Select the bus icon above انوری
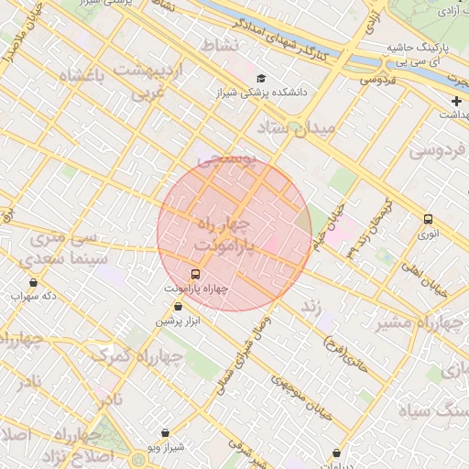[428, 219]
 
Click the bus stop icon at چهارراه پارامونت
[194, 274]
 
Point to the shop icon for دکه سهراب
[34, 282]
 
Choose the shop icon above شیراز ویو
[165, 432]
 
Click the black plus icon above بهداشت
[456, 100]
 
